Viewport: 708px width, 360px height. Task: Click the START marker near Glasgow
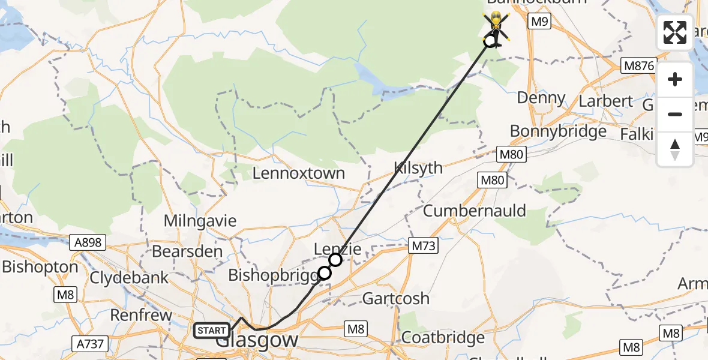(x=211, y=331)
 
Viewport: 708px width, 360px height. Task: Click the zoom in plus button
(x=675, y=79)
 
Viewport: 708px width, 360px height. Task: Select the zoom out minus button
(x=675, y=114)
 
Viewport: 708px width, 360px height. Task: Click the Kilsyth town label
(x=418, y=168)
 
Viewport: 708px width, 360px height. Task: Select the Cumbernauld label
(x=474, y=211)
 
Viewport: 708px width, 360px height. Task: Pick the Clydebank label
(x=129, y=278)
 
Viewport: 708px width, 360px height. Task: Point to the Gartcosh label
(x=396, y=298)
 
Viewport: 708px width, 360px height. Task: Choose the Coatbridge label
(x=443, y=338)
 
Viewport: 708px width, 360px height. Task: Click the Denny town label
(x=541, y=98)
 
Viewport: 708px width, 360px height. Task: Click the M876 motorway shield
(x=638, y=65)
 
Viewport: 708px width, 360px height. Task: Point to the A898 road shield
(x=88, y=242)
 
